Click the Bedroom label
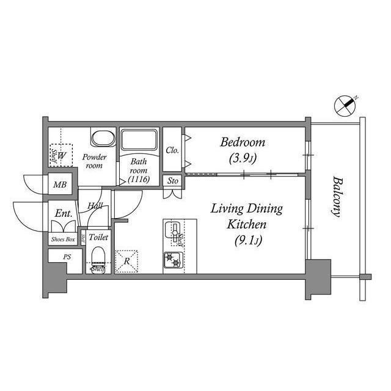(243, 143)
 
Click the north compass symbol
(345, 106)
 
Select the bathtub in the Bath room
(139, 140)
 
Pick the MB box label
(59, 185)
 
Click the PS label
(67, 257)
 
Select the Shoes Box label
(63, 239)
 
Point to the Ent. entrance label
(64, 214)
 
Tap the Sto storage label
(172, 181)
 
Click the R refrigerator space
(126, 260)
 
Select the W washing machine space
(62, 155)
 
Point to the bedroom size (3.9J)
(243, 159)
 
